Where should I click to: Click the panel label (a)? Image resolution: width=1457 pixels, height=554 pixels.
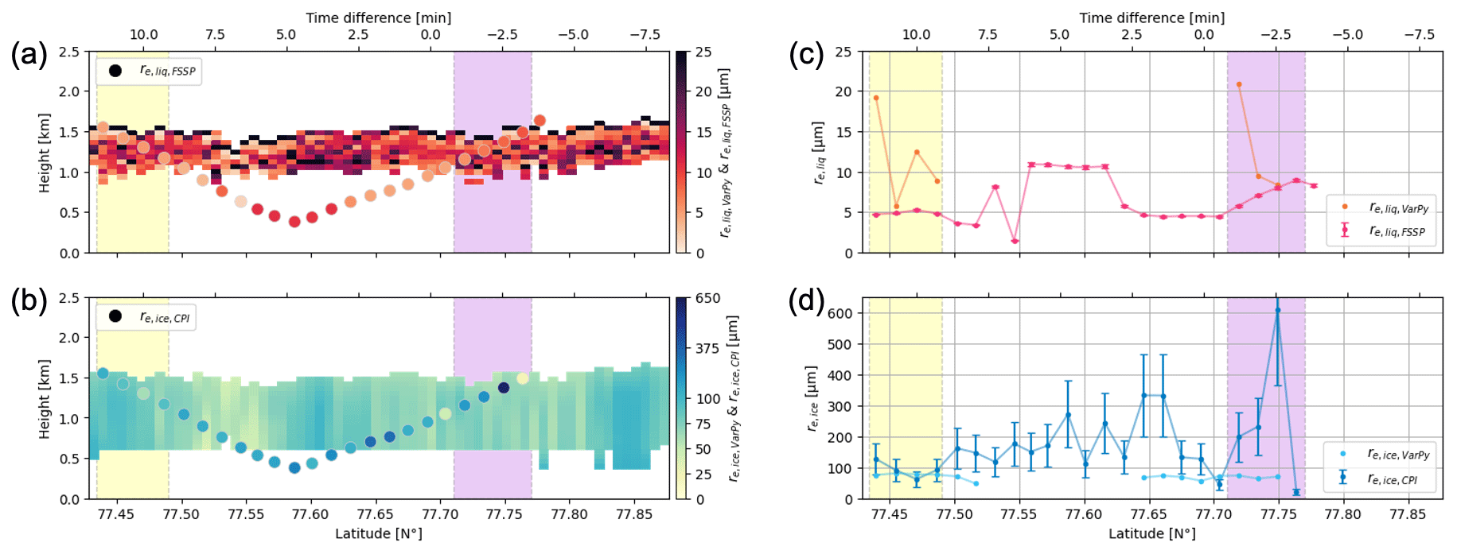29,55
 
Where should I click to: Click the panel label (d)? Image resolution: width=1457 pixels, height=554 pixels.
806,301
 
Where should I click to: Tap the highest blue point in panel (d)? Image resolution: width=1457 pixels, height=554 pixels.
1277,311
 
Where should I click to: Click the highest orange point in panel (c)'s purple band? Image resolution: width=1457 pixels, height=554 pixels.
1239,84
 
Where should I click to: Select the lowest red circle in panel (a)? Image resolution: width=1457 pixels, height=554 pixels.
294,222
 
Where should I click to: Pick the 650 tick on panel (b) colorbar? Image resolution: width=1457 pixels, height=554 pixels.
707,299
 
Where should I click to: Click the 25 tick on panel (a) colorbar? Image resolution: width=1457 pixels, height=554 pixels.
703,52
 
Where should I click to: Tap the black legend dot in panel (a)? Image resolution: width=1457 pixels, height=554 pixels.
115,71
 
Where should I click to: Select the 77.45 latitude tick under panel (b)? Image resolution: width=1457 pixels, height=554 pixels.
117,514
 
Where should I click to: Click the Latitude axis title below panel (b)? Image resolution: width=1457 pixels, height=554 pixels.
378,534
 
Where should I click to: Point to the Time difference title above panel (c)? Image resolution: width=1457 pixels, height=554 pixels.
1151,17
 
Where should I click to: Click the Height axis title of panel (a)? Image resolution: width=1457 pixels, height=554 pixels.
45,153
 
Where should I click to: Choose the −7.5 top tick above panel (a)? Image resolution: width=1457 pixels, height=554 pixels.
645,35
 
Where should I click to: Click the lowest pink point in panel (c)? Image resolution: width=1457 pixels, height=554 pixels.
1015,241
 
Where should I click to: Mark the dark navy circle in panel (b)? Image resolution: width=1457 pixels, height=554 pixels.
504,388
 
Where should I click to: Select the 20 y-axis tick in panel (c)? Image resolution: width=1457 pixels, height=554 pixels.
843,92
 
